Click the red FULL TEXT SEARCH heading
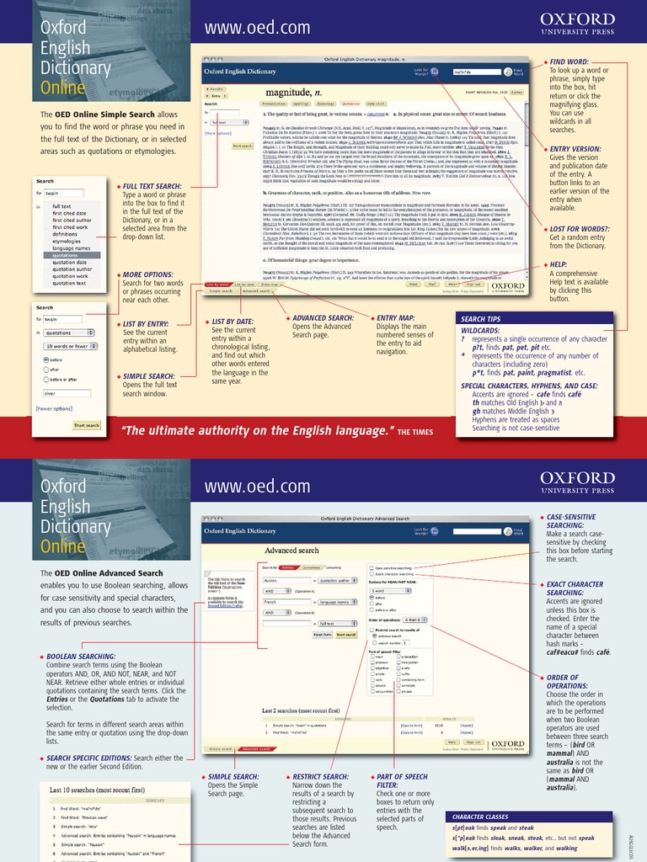(152, 186)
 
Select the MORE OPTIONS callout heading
(148, 274)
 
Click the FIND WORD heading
(569, 62)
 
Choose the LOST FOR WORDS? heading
(577, 230)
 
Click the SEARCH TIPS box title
(481, 319)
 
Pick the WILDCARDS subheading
(480, 331)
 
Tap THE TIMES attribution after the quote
(415, 432)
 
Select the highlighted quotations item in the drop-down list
(72, 255)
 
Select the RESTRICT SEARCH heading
(320, 776)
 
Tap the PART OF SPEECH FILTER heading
(399, 781)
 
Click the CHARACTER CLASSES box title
(480, 817)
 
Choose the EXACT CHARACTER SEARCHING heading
(575, 588)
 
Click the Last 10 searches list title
(97, 790)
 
